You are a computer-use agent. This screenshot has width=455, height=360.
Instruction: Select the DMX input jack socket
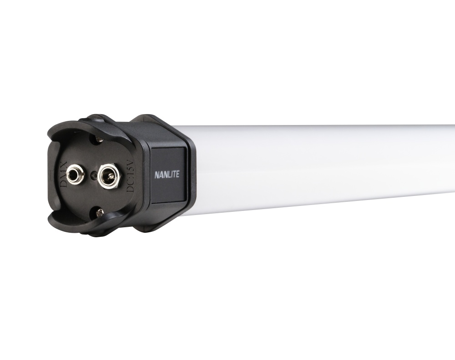75,175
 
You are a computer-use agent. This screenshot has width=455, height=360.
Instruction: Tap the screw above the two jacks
98,139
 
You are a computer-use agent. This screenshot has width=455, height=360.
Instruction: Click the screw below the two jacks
99,211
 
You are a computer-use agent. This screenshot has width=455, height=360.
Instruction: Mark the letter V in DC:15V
131,163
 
